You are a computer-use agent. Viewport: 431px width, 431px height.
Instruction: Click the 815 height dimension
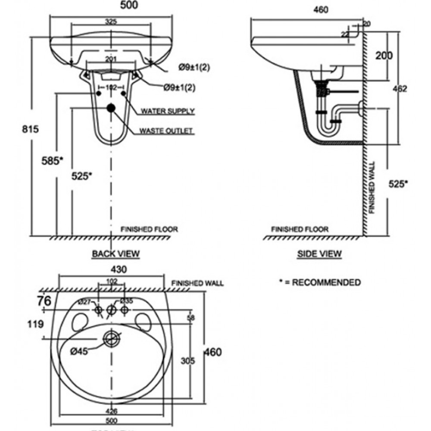pos(20,128)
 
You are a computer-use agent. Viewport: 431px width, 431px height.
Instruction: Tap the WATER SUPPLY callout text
pos(168,111)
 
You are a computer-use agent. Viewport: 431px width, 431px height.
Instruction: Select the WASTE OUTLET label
pos(166,131)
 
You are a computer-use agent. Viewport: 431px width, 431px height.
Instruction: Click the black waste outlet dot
pos(111,108)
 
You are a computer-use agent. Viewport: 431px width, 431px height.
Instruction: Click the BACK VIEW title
pos(116,254)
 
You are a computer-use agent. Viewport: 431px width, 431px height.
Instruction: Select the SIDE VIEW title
pos(319,254)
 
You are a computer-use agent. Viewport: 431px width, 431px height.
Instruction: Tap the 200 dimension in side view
pos(383,55)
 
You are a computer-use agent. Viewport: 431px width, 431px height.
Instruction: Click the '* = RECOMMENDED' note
pos(320,283)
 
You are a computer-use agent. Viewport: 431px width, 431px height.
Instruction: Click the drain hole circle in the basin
pos(112,338)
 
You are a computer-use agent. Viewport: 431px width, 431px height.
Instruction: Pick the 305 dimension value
pos(187,360)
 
